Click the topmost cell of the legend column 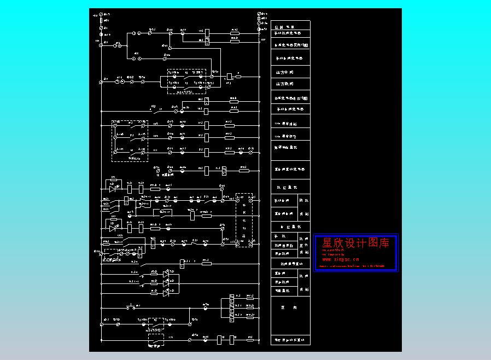coord(290,26)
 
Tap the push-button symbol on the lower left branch coord(131,307)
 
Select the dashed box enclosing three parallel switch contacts coord(130,141)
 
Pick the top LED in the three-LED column coord(167,271)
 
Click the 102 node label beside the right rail coord(262,40)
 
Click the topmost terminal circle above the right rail coord(259,13)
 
